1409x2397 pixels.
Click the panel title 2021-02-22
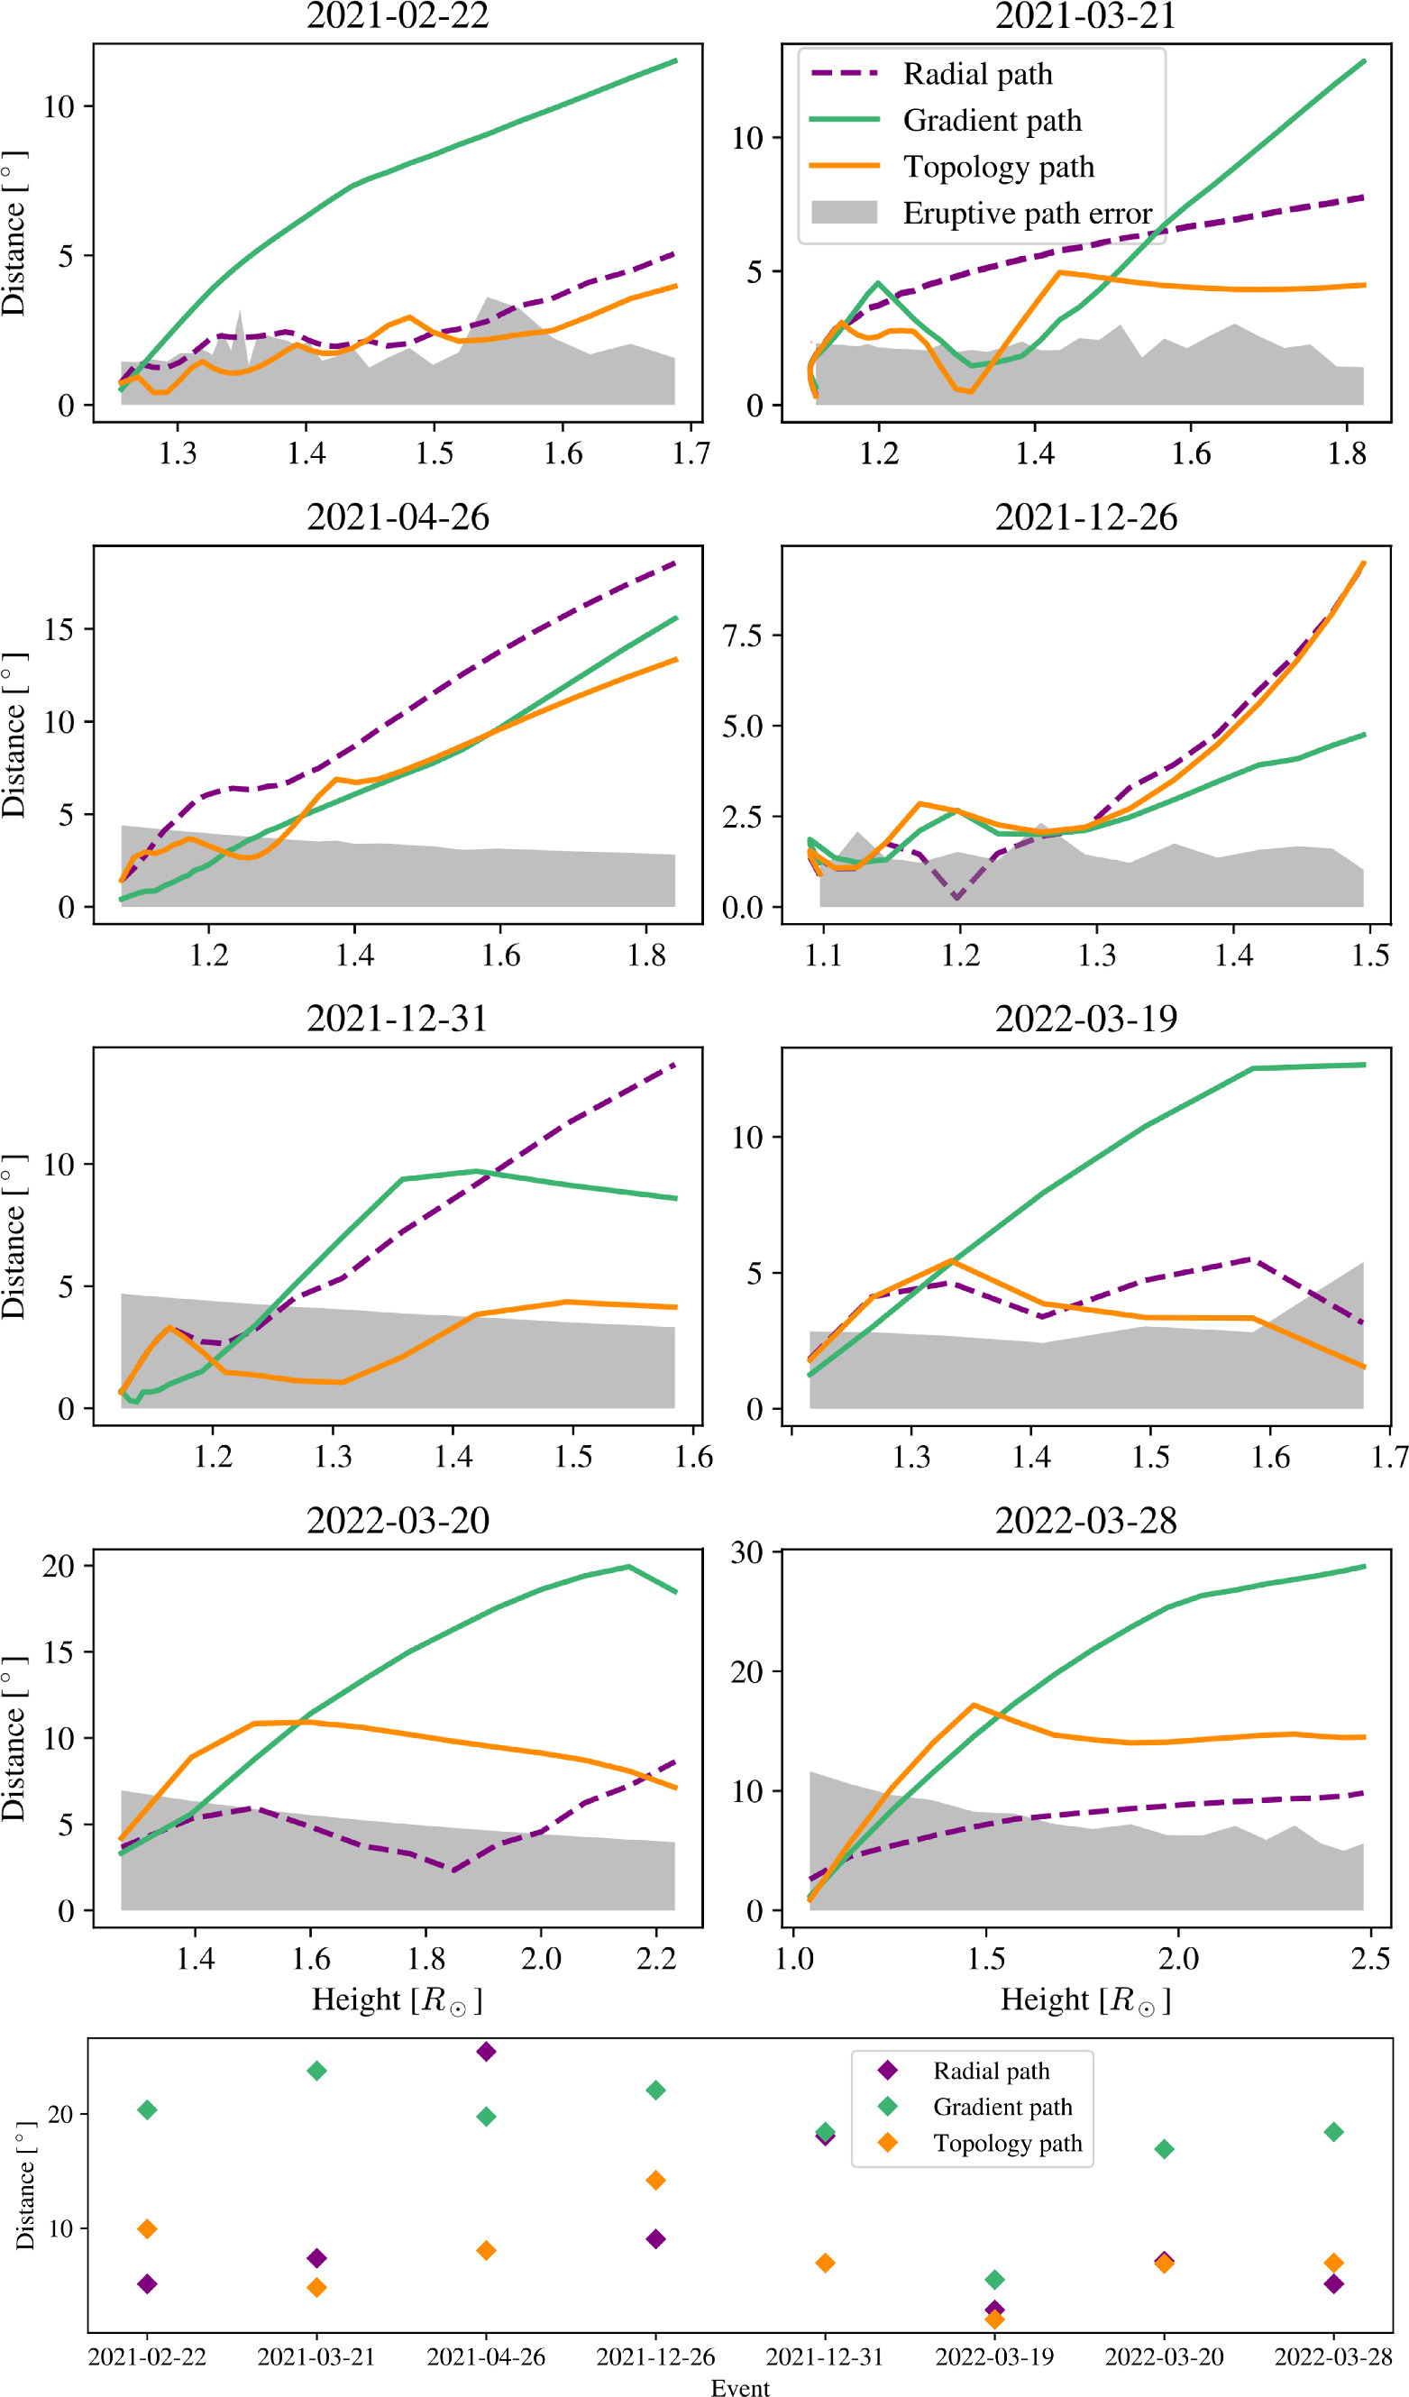[398, 16]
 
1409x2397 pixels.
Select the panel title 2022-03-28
[1085, 1520]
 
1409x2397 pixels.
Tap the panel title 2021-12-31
[398, 1019]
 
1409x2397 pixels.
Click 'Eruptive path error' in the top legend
[1027, 213]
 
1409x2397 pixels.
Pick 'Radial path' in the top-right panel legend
[977, 74]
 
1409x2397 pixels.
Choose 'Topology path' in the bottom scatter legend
[1008, 2143]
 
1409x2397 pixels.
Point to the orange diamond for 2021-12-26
[655, 2180]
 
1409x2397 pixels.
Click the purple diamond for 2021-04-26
[486, 2052]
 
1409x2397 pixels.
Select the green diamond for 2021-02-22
[148, 2109]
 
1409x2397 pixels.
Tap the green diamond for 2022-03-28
[1334, 2132]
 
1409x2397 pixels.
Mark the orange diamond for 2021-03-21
[316, 2288]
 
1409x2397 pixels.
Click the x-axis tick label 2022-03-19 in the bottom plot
[994, 2357]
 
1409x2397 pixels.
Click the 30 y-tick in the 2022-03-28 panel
[746, 1552]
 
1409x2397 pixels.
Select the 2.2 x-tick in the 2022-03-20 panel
[656, 1960]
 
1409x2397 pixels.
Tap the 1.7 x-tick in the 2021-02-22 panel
[691, 453]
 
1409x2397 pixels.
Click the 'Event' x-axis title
[740, 2387]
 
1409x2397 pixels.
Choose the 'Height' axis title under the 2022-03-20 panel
[398, 2000]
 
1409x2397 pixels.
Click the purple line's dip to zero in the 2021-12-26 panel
[957, 897]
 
